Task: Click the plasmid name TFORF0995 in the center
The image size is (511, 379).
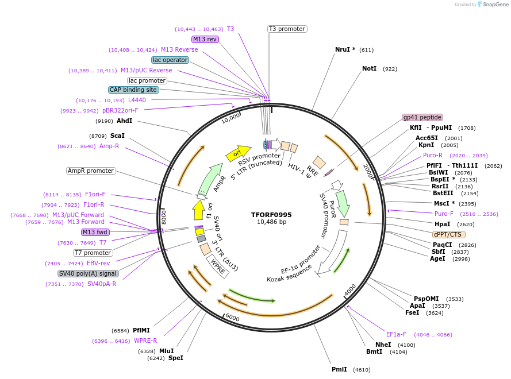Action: [x=271, y=215]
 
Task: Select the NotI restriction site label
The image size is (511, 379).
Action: [x=369, y=68]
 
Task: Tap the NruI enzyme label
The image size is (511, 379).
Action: [x=345, y=49]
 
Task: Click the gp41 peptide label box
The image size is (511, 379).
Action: [x=422, y=117]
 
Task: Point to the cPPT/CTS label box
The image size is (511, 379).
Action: [x=449, y=234]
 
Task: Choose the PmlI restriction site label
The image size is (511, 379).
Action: [x=339, y=369]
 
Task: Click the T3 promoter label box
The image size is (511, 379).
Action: [x=287, y=29]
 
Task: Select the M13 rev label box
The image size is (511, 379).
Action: [x=205, y=39]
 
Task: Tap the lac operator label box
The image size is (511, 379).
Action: [x=170, y=60]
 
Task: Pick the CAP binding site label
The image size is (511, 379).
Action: [x=133, y=90]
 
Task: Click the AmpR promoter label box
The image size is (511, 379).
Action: [x=91, y=171]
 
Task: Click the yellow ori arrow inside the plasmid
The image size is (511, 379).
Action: [x=237, y=153]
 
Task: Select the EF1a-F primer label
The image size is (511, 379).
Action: [x=396, y=334]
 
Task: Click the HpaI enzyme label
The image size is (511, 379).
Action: [x=442, y=224]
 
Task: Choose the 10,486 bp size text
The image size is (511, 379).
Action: [x=271, y=222]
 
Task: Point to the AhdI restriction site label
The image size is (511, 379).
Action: [x=124, y=121]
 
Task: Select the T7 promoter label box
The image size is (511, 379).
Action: [x=93, y=253]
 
